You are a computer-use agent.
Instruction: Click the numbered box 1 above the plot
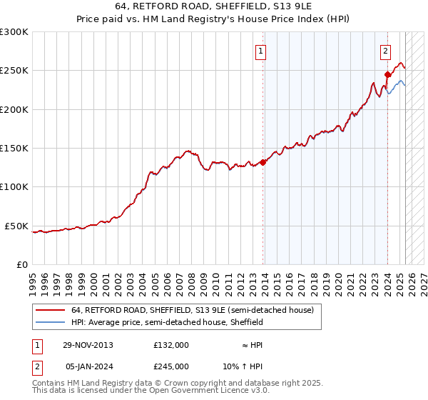pyautogui.click(x=261, y=51)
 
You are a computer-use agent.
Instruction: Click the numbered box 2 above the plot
pyautogui.click(x=385, y=51)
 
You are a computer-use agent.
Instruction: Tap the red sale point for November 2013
pyautogui.click(x=263, y=162)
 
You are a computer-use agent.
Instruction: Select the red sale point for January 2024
pyautogui.click(x=387, y=74)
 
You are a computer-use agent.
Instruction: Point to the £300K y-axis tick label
pyautogui.click(x=14, y=32)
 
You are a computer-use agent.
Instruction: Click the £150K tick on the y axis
pyautogui.click(x=14, y=149)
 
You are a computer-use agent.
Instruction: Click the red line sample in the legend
pyautogui.click(x=51, y=311)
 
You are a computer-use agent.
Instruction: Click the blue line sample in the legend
pyautogui.click(x=51, y=323)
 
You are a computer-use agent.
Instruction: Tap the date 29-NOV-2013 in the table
pyautogui.click(x=88, y=345)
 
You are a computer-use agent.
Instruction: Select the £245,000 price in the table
pyautogui.click(x=171, y=366)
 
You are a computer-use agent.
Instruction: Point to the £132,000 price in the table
pyautogui.click(x=171, y=345)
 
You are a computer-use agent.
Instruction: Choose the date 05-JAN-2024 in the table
pyautogui.click(x=88, y=366)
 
